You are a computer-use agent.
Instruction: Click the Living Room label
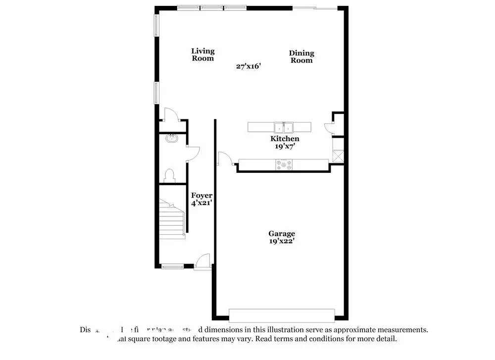click(x=203, y=54)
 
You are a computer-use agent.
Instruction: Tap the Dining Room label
click(x=301, y=57)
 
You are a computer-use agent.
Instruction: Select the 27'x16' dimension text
click(x=248, y=66)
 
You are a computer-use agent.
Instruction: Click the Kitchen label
click(x=285, y=139)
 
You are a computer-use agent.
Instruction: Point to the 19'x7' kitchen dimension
click(x=285, y=146)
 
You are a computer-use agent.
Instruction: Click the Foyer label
click(x=201, y=196)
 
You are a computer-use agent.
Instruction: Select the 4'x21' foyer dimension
click(x=201, y=203)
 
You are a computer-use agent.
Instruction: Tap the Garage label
click(x=282, y=234)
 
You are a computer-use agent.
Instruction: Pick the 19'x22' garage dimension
click(x=282, y=241)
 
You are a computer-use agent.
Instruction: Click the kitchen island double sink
click(x=284, y=127)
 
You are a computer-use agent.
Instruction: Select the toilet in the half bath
click(x=169, y=175)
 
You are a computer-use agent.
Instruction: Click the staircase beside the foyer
click(x=171, y=218)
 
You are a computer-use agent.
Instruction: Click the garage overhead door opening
click(x=282, y=315)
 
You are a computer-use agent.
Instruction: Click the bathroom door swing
click(x=193, y=154)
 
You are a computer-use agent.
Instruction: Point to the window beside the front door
click(x=173, y=267)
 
